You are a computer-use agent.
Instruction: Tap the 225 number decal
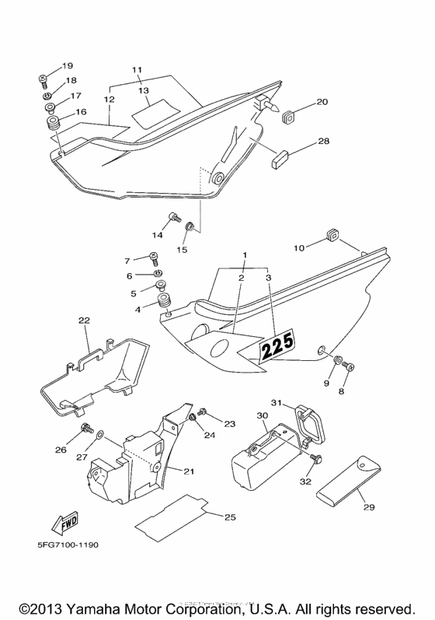point(277,345)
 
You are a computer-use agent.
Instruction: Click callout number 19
point(67,65)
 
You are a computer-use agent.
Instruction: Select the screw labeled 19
point(43,79)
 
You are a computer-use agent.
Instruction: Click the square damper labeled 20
point(290,116)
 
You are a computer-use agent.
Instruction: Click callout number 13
point(143,90)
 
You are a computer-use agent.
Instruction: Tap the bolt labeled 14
point(174,217)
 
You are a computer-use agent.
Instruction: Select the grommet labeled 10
point(333,235)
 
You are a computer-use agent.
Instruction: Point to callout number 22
point(84,321)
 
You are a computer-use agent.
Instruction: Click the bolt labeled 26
point(86,428)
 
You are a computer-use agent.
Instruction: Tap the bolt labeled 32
point(316,459)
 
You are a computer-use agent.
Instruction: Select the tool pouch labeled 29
point(349,481)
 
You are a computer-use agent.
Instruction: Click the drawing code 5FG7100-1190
point(68,545)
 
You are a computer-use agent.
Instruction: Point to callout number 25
point(230,517)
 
